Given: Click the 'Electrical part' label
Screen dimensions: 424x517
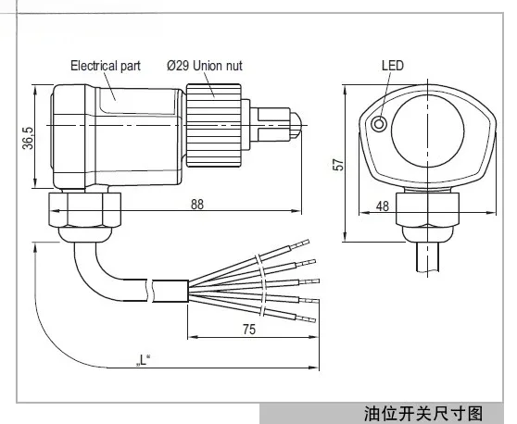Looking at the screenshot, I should [x=107, y=66].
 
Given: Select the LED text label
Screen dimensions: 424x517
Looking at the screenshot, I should [x=394, y=66].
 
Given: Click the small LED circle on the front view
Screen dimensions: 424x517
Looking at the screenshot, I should [x=377, y=124].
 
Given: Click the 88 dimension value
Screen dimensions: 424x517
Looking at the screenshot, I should [x=196, y=206].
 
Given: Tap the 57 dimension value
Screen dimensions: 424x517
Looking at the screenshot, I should [x=339, y=163].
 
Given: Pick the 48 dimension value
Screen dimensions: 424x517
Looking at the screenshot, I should [x=382, y=206].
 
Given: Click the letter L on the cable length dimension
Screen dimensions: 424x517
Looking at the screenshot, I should [x=143, y=357].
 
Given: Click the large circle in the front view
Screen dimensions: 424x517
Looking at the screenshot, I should [x=422, y=129].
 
